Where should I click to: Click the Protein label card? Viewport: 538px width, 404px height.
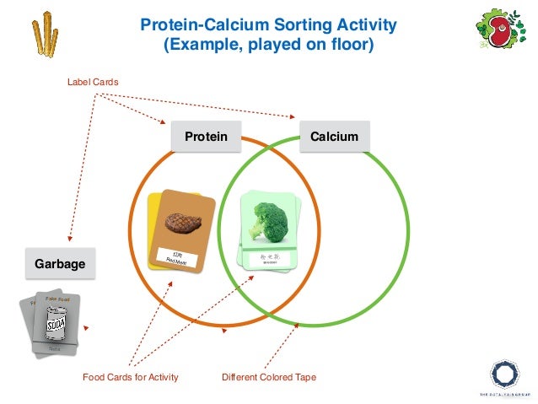[206, 137]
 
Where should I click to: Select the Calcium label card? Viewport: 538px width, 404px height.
[334, 137]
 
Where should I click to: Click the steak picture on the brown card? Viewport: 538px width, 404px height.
[180, 223]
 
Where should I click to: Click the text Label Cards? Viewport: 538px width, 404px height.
[93, 82]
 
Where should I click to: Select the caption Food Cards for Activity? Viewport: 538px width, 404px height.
[130, 377]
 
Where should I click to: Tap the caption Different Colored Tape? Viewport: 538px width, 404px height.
[268, 377]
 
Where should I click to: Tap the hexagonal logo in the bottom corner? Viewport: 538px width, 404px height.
[505, 373]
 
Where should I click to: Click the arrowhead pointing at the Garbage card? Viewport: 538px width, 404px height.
[69, 242]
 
